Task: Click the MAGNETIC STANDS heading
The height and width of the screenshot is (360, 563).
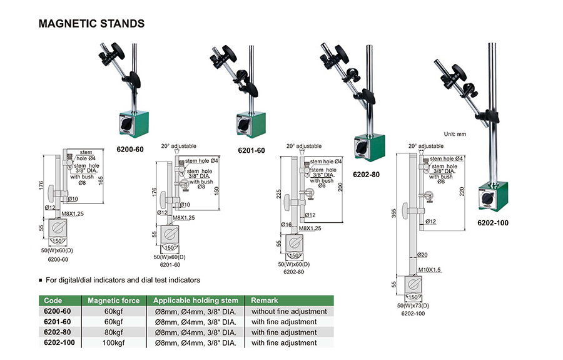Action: (92, 24)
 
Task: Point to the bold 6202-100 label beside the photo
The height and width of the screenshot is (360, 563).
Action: (494, 222)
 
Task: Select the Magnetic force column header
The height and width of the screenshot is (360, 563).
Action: (112, 300)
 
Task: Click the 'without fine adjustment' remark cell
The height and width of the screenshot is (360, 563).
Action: (289, 311)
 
